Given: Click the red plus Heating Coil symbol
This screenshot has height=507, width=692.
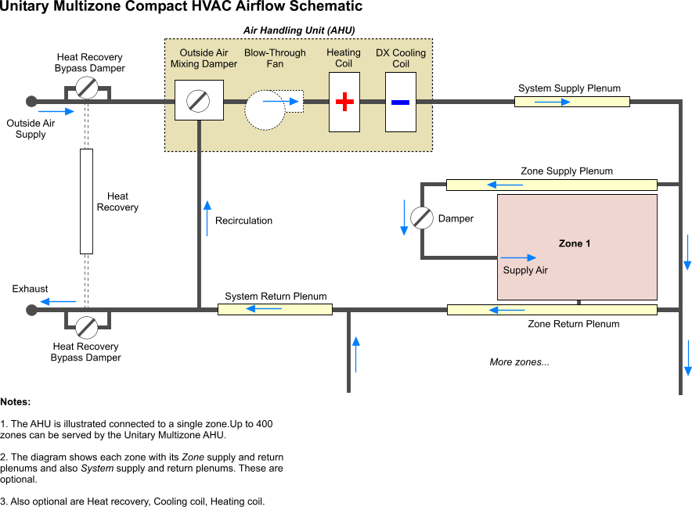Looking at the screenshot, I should (344, 102).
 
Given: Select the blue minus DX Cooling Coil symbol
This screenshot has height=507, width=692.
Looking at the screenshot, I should (401, 102).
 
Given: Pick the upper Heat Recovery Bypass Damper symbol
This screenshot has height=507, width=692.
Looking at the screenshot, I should (87, 88).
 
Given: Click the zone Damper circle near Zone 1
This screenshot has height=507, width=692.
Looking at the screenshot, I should (422, 218).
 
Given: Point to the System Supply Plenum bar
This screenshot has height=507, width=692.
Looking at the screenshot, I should (572, 102).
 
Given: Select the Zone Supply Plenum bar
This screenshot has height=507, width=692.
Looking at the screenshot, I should (551, 185).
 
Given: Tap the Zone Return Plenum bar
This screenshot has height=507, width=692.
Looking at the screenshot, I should (551, 310).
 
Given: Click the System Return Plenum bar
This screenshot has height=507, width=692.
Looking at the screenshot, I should (275, 309).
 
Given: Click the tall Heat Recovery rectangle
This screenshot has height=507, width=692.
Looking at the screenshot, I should (86, 201).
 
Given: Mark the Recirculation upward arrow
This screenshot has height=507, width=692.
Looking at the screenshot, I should (207, 218).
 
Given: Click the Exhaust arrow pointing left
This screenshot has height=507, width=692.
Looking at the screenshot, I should (59, 301).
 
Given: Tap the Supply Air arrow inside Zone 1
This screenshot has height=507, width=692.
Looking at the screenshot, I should (519, 257).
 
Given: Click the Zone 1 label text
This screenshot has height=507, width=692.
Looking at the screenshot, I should (575, 243).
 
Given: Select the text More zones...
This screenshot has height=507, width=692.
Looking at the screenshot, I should (519, 362).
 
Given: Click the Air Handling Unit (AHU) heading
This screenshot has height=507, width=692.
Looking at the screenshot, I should (299, 31).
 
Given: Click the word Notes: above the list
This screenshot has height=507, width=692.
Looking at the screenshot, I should (16, 401).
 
